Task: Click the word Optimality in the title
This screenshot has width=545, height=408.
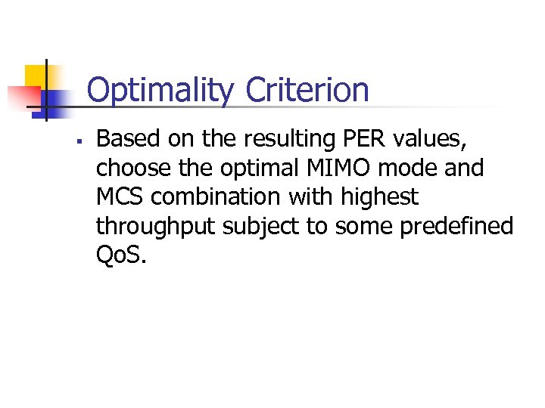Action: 160,91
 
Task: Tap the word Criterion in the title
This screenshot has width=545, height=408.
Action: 307,91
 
